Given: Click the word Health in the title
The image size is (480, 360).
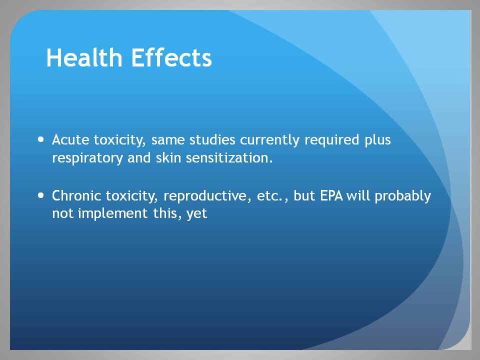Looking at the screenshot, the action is click(84, 57).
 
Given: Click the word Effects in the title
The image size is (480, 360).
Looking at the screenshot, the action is click(171, 57).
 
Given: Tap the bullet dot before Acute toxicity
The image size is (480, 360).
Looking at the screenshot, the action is click(40, 140).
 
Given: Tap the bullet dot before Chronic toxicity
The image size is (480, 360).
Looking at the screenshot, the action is click(40, 195).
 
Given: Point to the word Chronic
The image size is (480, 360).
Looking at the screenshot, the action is click(76, 195).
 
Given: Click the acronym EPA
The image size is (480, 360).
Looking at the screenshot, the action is click(331, 195).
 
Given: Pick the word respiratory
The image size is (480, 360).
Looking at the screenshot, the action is click(87, 158).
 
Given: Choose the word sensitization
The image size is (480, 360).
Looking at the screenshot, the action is click(229, 158).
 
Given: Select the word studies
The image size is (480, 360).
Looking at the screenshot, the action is click(212, 140).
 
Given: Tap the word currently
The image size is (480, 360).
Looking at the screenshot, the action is click(269, 140).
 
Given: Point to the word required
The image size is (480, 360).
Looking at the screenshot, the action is click(331, 140).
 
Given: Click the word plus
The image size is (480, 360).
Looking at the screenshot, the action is click(377, 140).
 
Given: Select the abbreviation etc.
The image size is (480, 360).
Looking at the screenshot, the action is click(269, 196).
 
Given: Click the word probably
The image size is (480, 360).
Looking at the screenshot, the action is click(402, 196).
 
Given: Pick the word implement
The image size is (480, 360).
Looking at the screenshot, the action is click(113, 213).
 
